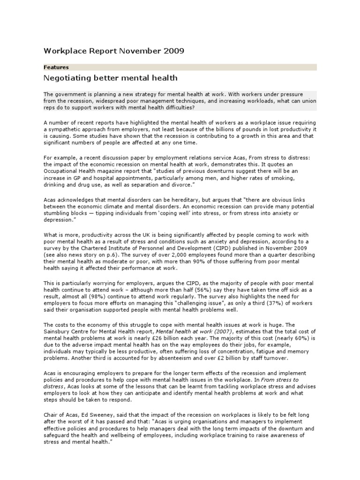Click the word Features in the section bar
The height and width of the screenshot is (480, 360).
click(56, 67)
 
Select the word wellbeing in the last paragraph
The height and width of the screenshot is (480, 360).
click(123, 435)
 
